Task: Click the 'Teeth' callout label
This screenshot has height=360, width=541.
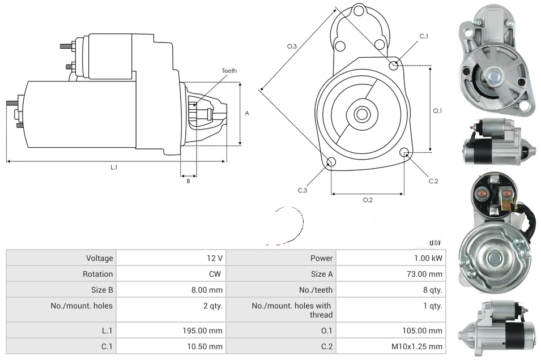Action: [229, 71]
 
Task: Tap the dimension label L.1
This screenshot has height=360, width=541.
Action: [114, 168]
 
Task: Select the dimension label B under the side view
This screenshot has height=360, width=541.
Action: [188, 181]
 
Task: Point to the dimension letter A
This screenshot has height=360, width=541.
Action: [247, 113]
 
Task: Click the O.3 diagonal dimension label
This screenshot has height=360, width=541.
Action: [292, 46]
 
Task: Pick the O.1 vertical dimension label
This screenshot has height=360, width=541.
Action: [437, 111]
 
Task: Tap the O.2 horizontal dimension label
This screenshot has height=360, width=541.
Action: [368, 200]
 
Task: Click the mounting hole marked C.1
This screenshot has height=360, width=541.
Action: [394, 65]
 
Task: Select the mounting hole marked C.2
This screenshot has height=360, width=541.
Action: [404, 152]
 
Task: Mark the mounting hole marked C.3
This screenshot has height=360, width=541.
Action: [331, 163]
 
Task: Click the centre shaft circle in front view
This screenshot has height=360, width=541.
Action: [361, 114]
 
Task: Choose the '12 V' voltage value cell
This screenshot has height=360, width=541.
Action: [215, 258]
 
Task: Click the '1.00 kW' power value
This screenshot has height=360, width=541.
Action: [428, 258]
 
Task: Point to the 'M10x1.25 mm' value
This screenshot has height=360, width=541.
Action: [418, 346]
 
